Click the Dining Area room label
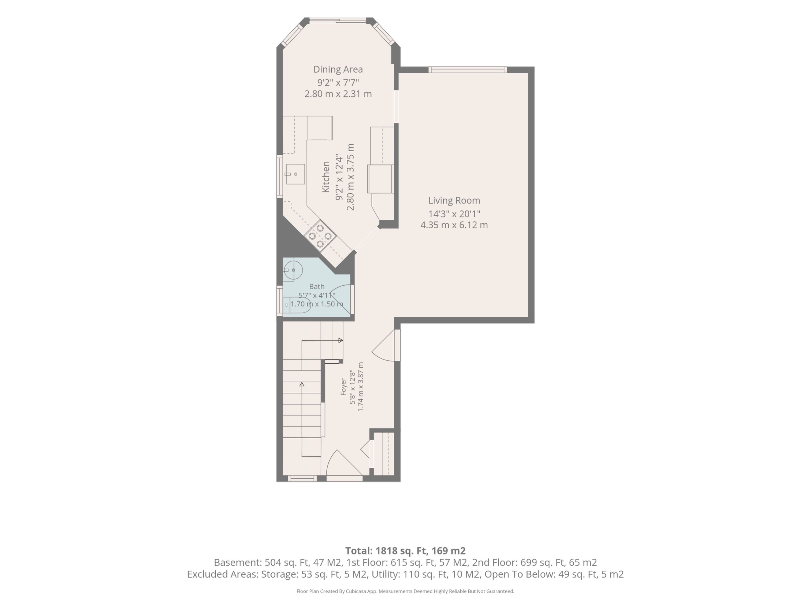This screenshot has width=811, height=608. tap(338, 69)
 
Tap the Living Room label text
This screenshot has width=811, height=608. tap(454, 201)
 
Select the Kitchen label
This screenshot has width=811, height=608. tap(326, 177)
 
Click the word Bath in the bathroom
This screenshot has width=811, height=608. tap(317, 287)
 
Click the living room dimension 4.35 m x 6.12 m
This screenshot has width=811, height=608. tap(454, 225)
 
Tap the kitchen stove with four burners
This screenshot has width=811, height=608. tap(320, 236)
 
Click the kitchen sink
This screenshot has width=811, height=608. tap(295, 174)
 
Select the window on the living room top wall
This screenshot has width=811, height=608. tap(467, 70)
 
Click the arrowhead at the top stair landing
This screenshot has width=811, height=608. tap(341, 341)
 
